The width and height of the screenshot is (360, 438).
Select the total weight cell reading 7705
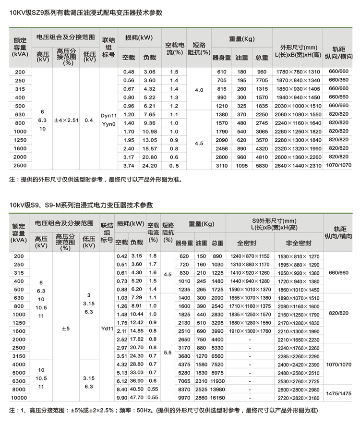[x=262, y=80]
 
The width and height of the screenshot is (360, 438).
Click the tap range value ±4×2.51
[x=66, y=120]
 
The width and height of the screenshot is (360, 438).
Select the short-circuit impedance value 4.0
[x=199, y=90]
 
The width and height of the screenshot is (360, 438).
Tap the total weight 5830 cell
[x=262, y=166]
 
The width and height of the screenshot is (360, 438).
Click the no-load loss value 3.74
[x=128, y=166]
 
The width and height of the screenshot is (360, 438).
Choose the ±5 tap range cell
[x=65, y=329]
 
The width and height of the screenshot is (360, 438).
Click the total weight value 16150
[x=218, y=398]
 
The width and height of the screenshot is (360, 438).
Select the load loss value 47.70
[x=137, y=398]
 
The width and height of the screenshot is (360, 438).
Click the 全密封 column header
[x=250, y=243]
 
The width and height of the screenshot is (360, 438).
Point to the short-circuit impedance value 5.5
[x=168, y=353]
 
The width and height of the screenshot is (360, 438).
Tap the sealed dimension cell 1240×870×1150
[x=250, y=256]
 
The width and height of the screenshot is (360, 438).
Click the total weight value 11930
[x=218, y=381]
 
